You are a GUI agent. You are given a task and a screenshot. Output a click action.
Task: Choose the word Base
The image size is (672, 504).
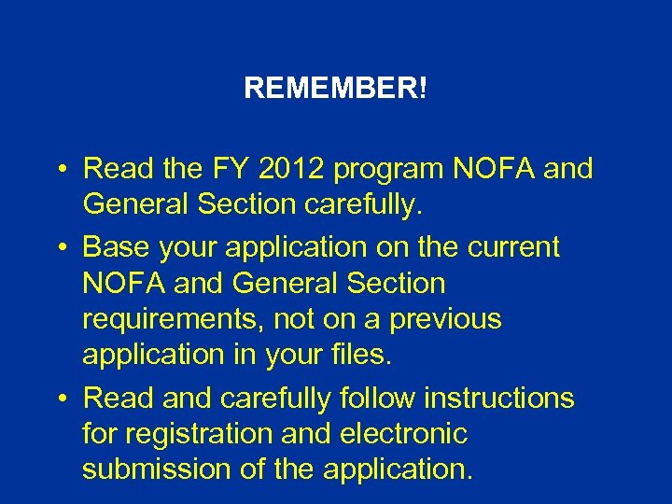coord(115,247)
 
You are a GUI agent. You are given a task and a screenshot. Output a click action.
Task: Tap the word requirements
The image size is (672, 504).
coord(170,320)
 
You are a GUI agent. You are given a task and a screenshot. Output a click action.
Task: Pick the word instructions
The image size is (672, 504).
coord(501,399)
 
